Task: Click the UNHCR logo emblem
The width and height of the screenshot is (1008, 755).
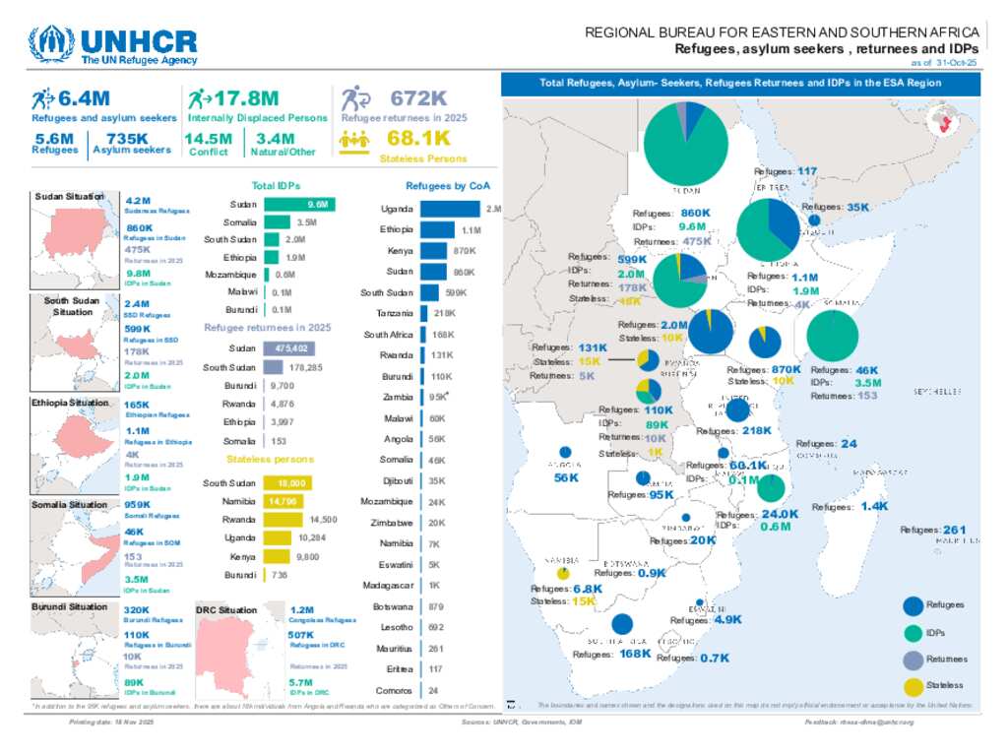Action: (51, 44)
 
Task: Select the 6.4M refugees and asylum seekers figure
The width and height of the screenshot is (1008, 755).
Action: (83, 98)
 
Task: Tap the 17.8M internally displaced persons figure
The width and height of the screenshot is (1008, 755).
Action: (246, 98)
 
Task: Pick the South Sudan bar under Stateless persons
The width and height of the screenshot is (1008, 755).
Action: (288, 483)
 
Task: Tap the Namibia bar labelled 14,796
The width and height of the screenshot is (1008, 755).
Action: (282, 501)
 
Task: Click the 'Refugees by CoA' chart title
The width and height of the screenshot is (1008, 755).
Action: (448, 185)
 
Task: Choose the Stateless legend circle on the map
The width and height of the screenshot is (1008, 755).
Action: (913, 685)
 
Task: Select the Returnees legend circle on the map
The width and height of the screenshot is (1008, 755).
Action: (913, 660)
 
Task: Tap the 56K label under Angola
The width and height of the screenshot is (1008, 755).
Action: (566, 477)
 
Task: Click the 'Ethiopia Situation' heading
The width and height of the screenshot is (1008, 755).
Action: (70, 404)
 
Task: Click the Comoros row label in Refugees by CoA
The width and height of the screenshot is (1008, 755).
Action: (395, 690)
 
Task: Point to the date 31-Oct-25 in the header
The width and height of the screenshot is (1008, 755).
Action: (957, 62)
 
